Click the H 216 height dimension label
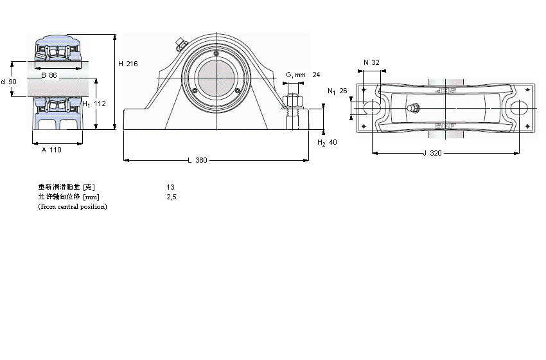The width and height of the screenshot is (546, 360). coord(128,64)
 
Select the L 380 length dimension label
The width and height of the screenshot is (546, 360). coord(197,160)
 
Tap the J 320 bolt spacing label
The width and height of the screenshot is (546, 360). coord(434,154)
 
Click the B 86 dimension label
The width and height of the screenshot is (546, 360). coord(49,76)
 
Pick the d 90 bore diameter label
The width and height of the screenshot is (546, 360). coord(9,82)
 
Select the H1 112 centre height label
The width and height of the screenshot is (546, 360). coord(94,104)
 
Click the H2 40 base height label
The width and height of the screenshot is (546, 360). coord(328,142)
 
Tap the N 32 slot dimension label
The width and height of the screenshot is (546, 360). coord(371,62)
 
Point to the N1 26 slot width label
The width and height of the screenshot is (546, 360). coord(337,91)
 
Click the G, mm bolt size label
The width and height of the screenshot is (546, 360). coord(295,75)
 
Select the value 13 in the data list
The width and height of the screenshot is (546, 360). coord(170,187)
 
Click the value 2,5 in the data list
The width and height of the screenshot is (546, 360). coord(171,197)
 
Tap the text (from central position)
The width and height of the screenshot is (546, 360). coord(73,206)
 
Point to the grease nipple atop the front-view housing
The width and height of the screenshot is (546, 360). coord(181,45)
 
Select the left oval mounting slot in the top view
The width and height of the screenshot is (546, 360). coord(372,109)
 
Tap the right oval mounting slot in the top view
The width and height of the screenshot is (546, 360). coord(518,109)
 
